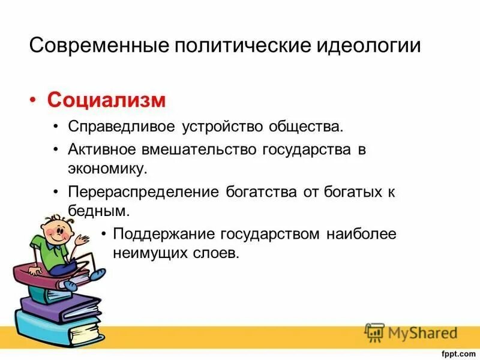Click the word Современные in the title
tap(100, 46)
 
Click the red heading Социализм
tap(106, 100)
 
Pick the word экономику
tap(107, 169)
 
